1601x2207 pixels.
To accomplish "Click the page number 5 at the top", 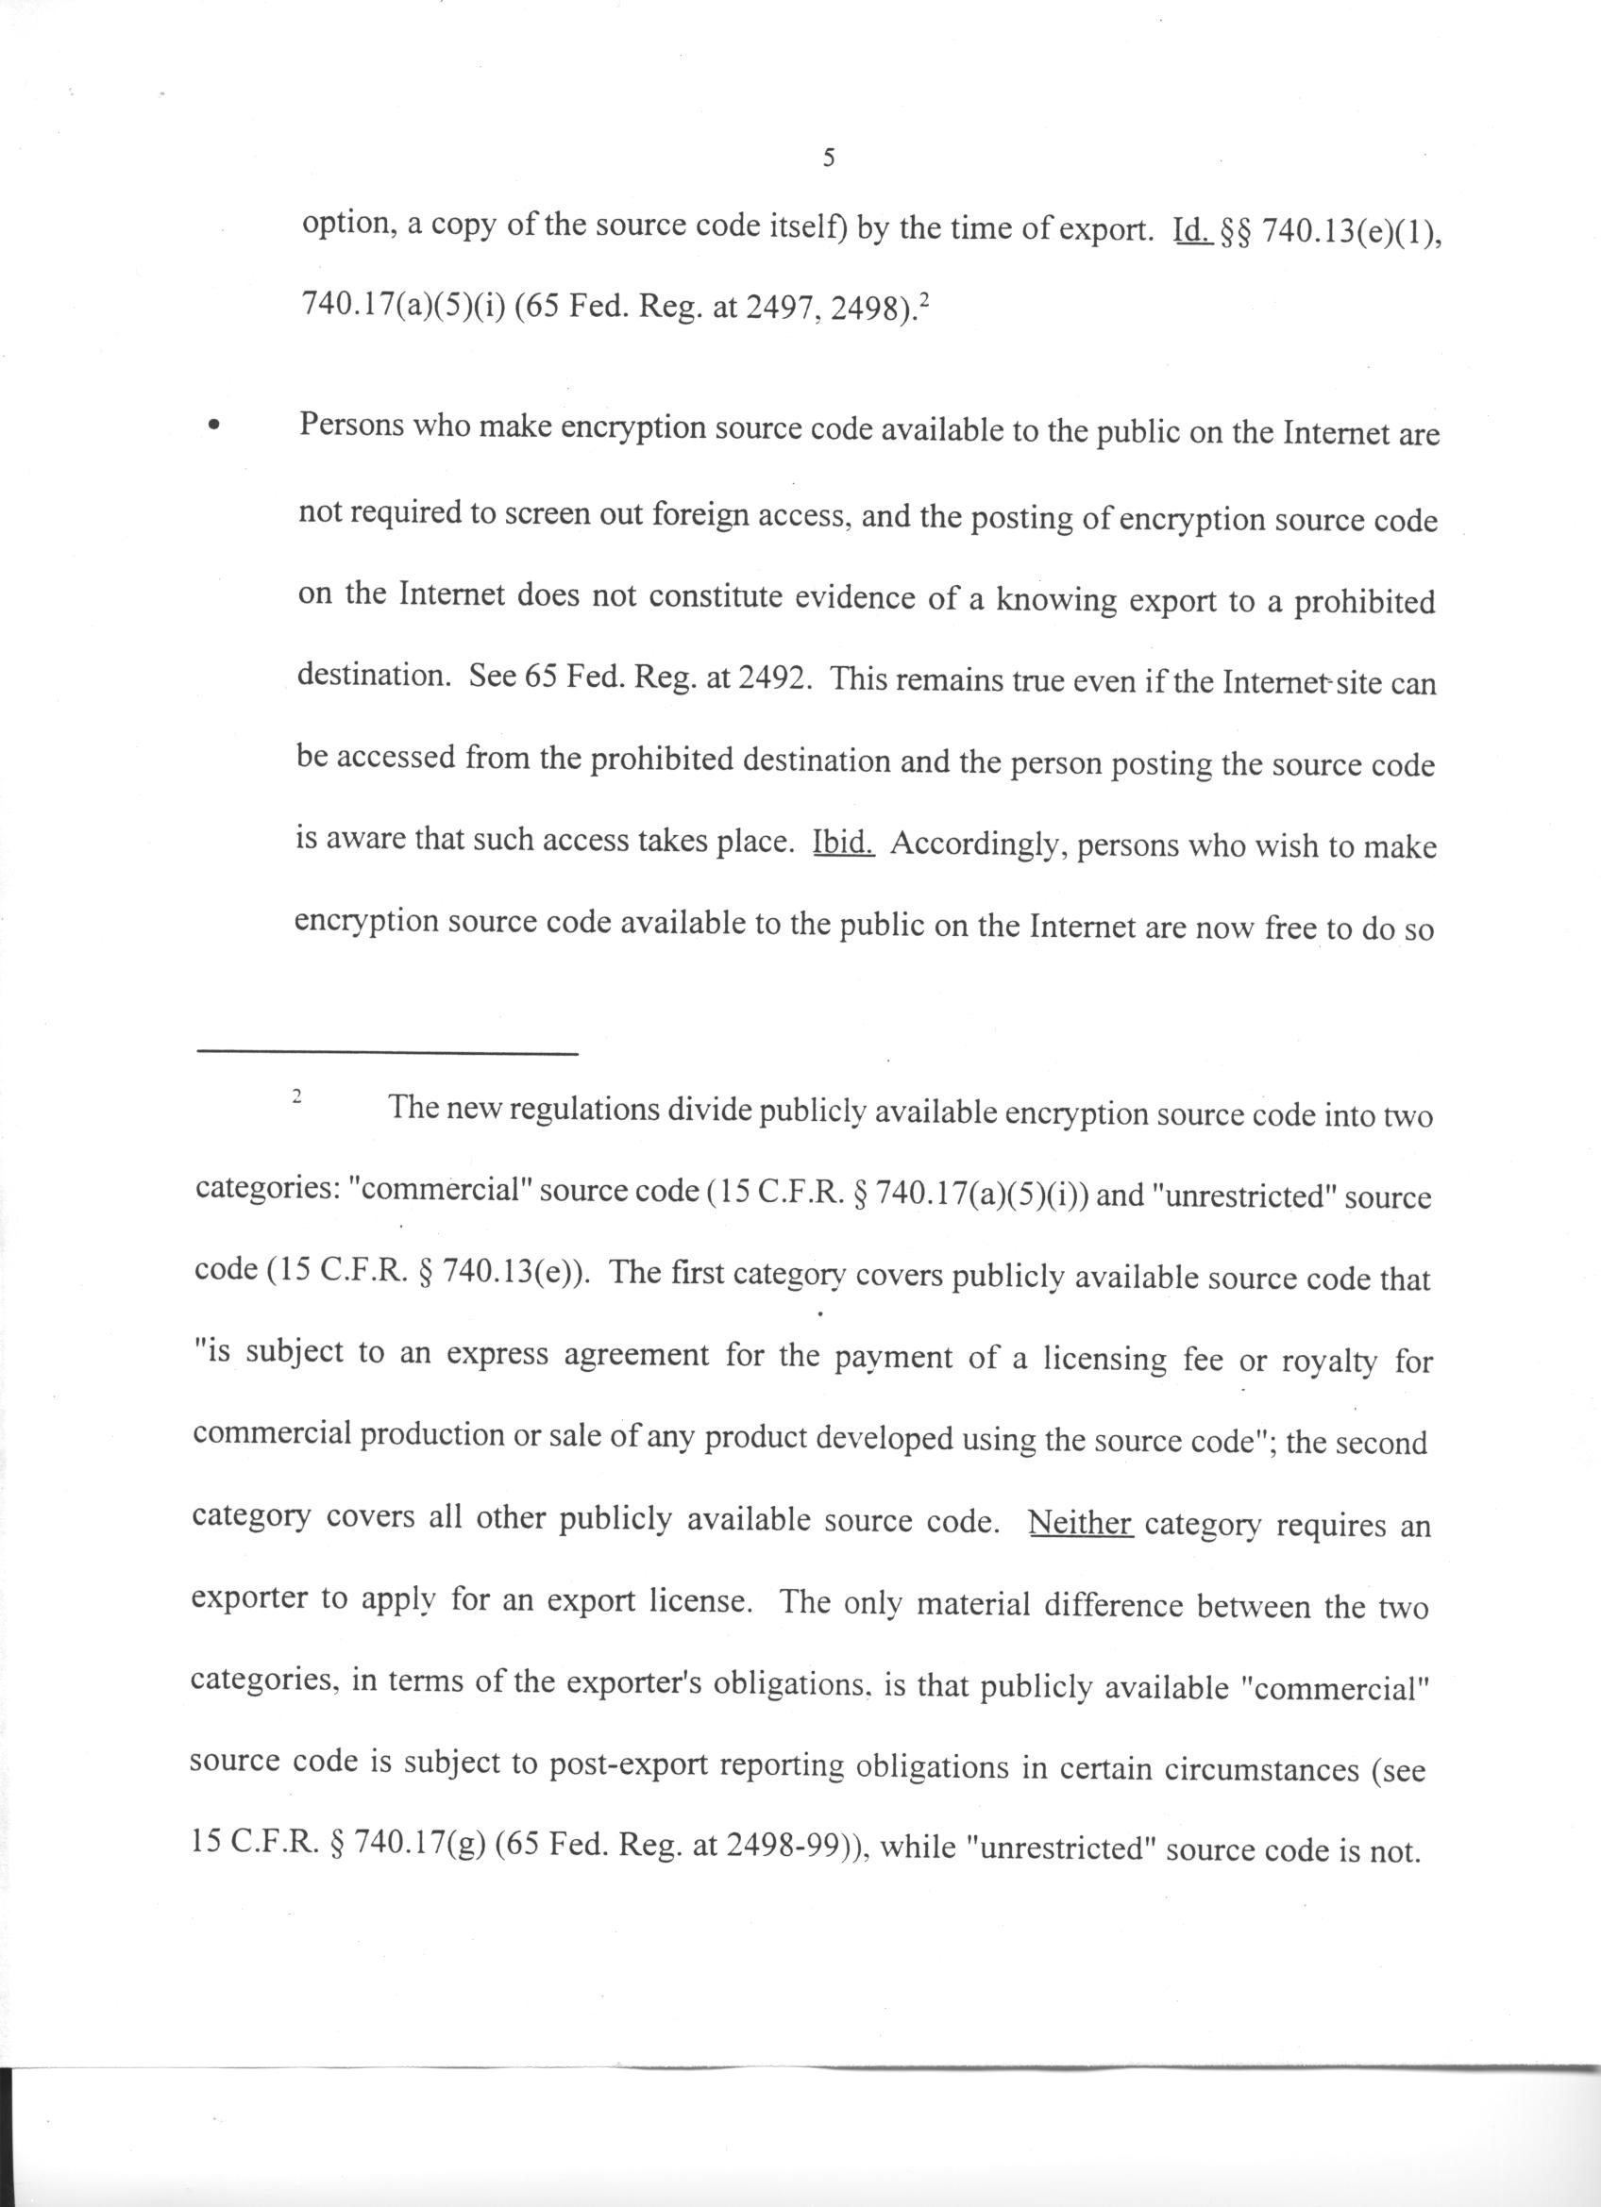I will coord(828,159).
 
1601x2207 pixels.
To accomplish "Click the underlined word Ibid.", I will coord(844,843).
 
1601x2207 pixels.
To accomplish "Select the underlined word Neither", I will coord(1080,1522).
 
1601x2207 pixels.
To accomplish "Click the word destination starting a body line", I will coord(372,676).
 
